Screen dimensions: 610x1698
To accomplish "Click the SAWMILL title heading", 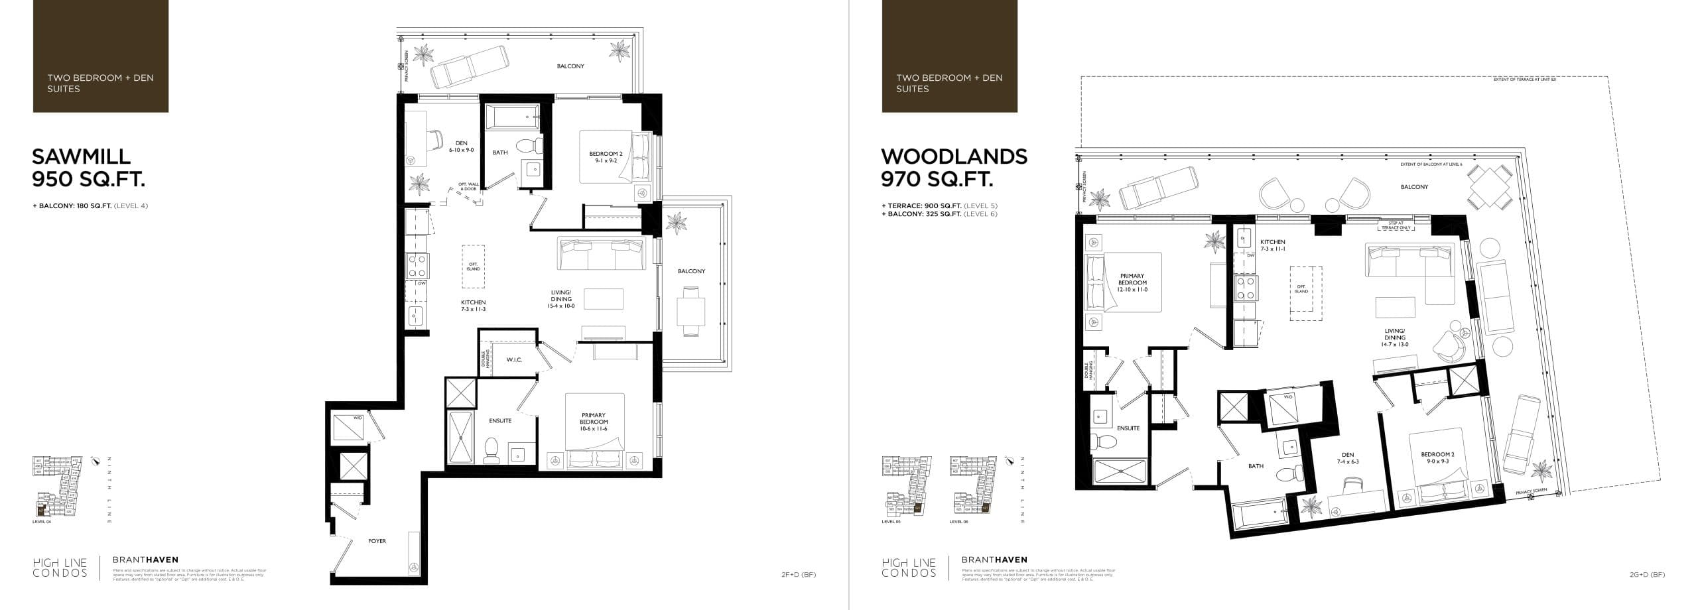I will [82, 156].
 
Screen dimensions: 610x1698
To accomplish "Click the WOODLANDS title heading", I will [954, 156].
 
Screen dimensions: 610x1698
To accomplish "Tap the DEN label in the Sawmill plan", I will [461, 147].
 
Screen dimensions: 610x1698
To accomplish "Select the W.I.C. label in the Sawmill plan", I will [514, 360].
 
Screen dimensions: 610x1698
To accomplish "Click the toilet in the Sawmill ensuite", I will [491, 451].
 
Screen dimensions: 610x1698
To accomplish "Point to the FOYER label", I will [377, 541].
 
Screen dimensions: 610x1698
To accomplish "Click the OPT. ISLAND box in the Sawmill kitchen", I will [474, 267].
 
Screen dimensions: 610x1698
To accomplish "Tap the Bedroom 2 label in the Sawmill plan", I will [605, 157].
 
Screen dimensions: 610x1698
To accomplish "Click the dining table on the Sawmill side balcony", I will [690, 310].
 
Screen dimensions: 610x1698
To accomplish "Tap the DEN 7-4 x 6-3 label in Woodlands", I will [1347, 458].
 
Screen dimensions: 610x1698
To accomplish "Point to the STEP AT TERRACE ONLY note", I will [1396, 225].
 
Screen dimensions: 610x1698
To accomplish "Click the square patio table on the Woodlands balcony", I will [1489, 188].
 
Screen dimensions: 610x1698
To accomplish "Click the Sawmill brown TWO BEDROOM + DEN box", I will [101, 56].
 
